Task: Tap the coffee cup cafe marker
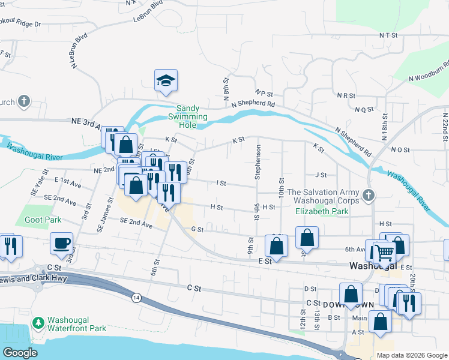click(61, 243)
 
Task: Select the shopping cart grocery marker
click(384, 252)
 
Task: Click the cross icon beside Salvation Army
click(369, 195)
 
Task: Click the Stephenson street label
click(259, 162)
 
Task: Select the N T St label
click(388, 36)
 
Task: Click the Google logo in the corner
click(20, 353)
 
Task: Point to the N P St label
click(264, 94)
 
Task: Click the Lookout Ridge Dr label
click(20, 24)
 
